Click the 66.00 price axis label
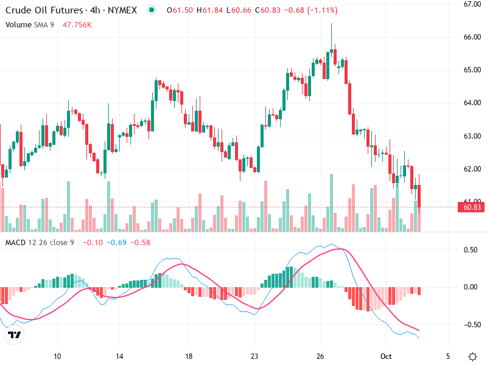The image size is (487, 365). tap(472, 36)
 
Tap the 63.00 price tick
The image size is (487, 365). tap(472, 136)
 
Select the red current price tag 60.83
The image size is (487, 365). tap(473, 207)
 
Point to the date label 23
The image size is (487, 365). tap(254, 356)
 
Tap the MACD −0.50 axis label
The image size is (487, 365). tap(469, 324)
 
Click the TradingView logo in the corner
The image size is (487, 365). tap(15, 335)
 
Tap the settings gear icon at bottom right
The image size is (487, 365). tap(472, 356)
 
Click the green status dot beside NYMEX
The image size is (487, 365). tap(152, 10)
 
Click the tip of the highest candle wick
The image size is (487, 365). tap(331, 23)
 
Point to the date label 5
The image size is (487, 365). tap(447, 356)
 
